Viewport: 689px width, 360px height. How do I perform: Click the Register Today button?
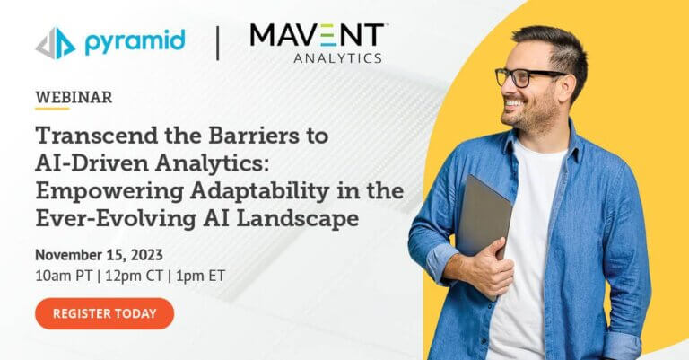tap(105, 313)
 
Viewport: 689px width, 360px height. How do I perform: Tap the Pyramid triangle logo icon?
tap(56, 43)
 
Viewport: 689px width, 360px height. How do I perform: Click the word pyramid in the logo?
tap(135, 42)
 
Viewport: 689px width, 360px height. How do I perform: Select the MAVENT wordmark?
tap(317, 35)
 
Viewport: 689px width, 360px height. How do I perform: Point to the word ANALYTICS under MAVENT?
tap(337, 58)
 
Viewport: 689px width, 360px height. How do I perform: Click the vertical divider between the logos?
tap(217, 43)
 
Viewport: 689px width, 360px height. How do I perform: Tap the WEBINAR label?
tap(74, 97)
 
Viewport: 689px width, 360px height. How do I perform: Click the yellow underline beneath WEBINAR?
tap(52, 108)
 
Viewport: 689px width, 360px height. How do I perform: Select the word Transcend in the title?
tap(97, 136)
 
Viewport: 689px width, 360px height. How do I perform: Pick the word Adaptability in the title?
tap(259, 192)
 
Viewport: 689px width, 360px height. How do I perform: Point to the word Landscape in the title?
tap(298, 219)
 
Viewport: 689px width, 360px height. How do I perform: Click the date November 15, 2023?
tap(99, 255)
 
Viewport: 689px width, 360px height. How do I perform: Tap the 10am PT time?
tap(64, 276)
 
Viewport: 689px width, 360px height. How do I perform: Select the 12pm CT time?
tap(134, 276)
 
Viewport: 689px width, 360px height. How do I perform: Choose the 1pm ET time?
tap(200, 276)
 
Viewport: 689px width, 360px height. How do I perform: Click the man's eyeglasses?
tap(528, 77)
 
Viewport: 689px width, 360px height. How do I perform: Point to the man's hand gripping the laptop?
tap(493, 266)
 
